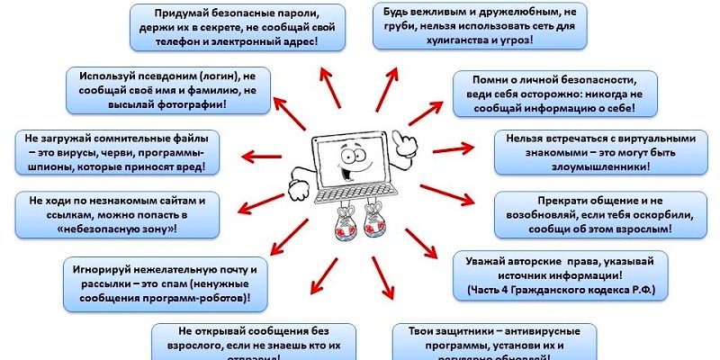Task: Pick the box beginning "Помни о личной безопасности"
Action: (549, 94)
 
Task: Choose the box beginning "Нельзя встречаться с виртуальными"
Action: (595, 153)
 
